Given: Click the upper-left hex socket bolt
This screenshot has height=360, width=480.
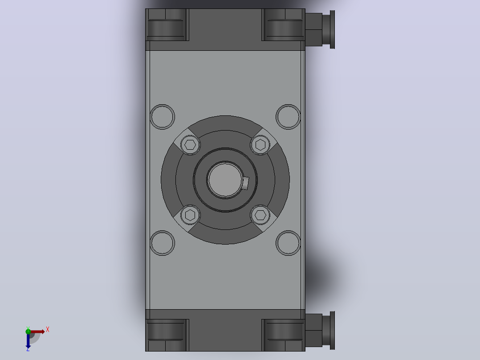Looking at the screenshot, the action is click(191, 145).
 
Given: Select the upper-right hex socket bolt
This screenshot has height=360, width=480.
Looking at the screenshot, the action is click(260, 145).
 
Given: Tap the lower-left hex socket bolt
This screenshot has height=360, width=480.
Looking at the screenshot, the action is click(191, 215).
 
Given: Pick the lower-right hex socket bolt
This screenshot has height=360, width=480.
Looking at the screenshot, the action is click(260, 215).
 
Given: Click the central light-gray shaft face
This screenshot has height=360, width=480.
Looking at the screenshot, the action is click(225, 180).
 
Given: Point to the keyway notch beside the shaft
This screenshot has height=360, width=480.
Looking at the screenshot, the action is click(245, 183).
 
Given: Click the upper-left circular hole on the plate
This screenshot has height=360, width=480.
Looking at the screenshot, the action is click(162, 117).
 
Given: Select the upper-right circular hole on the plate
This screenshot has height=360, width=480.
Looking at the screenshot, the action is click(288, 117).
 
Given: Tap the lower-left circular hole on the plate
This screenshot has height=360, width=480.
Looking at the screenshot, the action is click(162, 243).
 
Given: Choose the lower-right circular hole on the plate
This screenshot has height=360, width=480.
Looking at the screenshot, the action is click(288, 243).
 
